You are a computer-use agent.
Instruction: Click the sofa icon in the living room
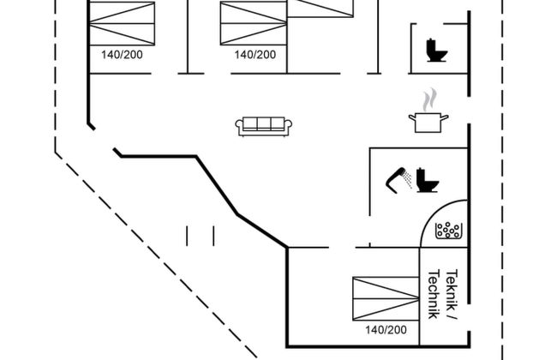point(264,125)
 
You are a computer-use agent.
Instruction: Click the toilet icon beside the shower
point(426,180)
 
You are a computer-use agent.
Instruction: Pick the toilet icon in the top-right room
point(436,51)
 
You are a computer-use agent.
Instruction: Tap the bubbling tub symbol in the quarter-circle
point(449,229)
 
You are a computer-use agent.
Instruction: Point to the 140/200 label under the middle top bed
point(255,54)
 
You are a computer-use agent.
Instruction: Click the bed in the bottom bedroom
point(386,297)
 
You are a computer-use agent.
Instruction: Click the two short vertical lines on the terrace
point(200,235)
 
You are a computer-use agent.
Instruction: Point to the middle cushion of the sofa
point(264,123)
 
